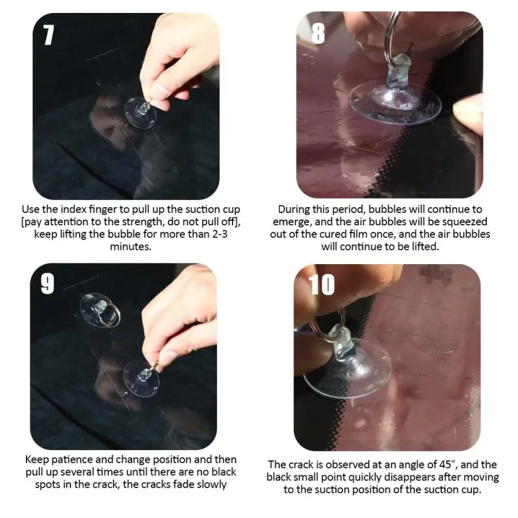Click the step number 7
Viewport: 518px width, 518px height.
point(49,35)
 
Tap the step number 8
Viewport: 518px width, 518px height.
point(317,32)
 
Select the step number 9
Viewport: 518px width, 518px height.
point(47,283)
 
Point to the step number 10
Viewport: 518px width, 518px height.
point(322,283)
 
